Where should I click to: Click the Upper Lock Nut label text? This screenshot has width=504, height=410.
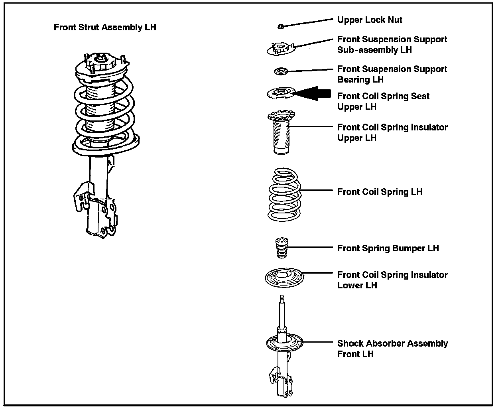pyautogui.click(x=370, y=20)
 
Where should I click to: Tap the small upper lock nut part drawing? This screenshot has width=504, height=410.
pyautogui.click(x=280, y=26)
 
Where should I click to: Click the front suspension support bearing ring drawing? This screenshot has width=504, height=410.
pyautogui.click(x=281, y=71)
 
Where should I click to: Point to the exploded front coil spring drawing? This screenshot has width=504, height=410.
pyautogui.click(x=283, y=195)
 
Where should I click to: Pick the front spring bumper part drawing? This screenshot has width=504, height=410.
pyautogui.click(x=282, y=248)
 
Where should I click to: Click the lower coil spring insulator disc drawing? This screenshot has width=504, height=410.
pyautogui.click(x=284, y=277)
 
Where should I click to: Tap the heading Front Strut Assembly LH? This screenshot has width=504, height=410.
pyautogui.click(x=105, y=28)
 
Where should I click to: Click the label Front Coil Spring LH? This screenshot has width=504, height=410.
pyautogui.click(x=380, y=192)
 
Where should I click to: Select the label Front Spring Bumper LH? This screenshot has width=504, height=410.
pyautogui.click(x=388, y=248)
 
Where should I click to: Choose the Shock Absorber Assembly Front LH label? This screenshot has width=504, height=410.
pyautogui.click(x=392, y=349)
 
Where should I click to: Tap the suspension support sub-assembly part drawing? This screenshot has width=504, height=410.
pyautogui.click(x=281, y=48)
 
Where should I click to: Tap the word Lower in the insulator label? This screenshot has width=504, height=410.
pyautogui.click(x=350, y=286)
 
